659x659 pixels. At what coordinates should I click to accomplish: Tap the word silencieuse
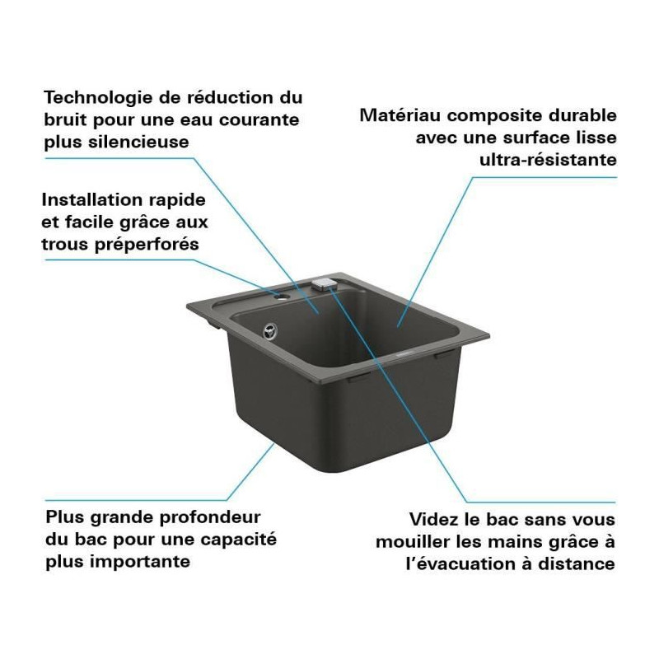pyautogui.click(x=138, y=142)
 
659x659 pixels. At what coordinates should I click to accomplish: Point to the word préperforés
pyautogui.click(x=147, y=245)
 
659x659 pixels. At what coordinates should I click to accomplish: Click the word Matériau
pyautogui.click(x=400, y=115)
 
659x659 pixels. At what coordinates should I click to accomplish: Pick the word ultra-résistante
pyautogui.click(x=548, y=160)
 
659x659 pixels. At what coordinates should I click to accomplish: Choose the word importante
pyautogui.click(x=143, y=562)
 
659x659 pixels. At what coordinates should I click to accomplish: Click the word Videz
pyautogui.click(x=434, y=520)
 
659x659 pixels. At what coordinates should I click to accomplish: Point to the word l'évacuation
pyautogui.click(x=460, y=563)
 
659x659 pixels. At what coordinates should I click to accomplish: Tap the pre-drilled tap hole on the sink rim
pyautogui.click(x=281, y=297)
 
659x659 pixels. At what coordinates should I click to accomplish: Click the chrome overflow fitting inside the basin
pyautogui.click(x=270, y=331)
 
